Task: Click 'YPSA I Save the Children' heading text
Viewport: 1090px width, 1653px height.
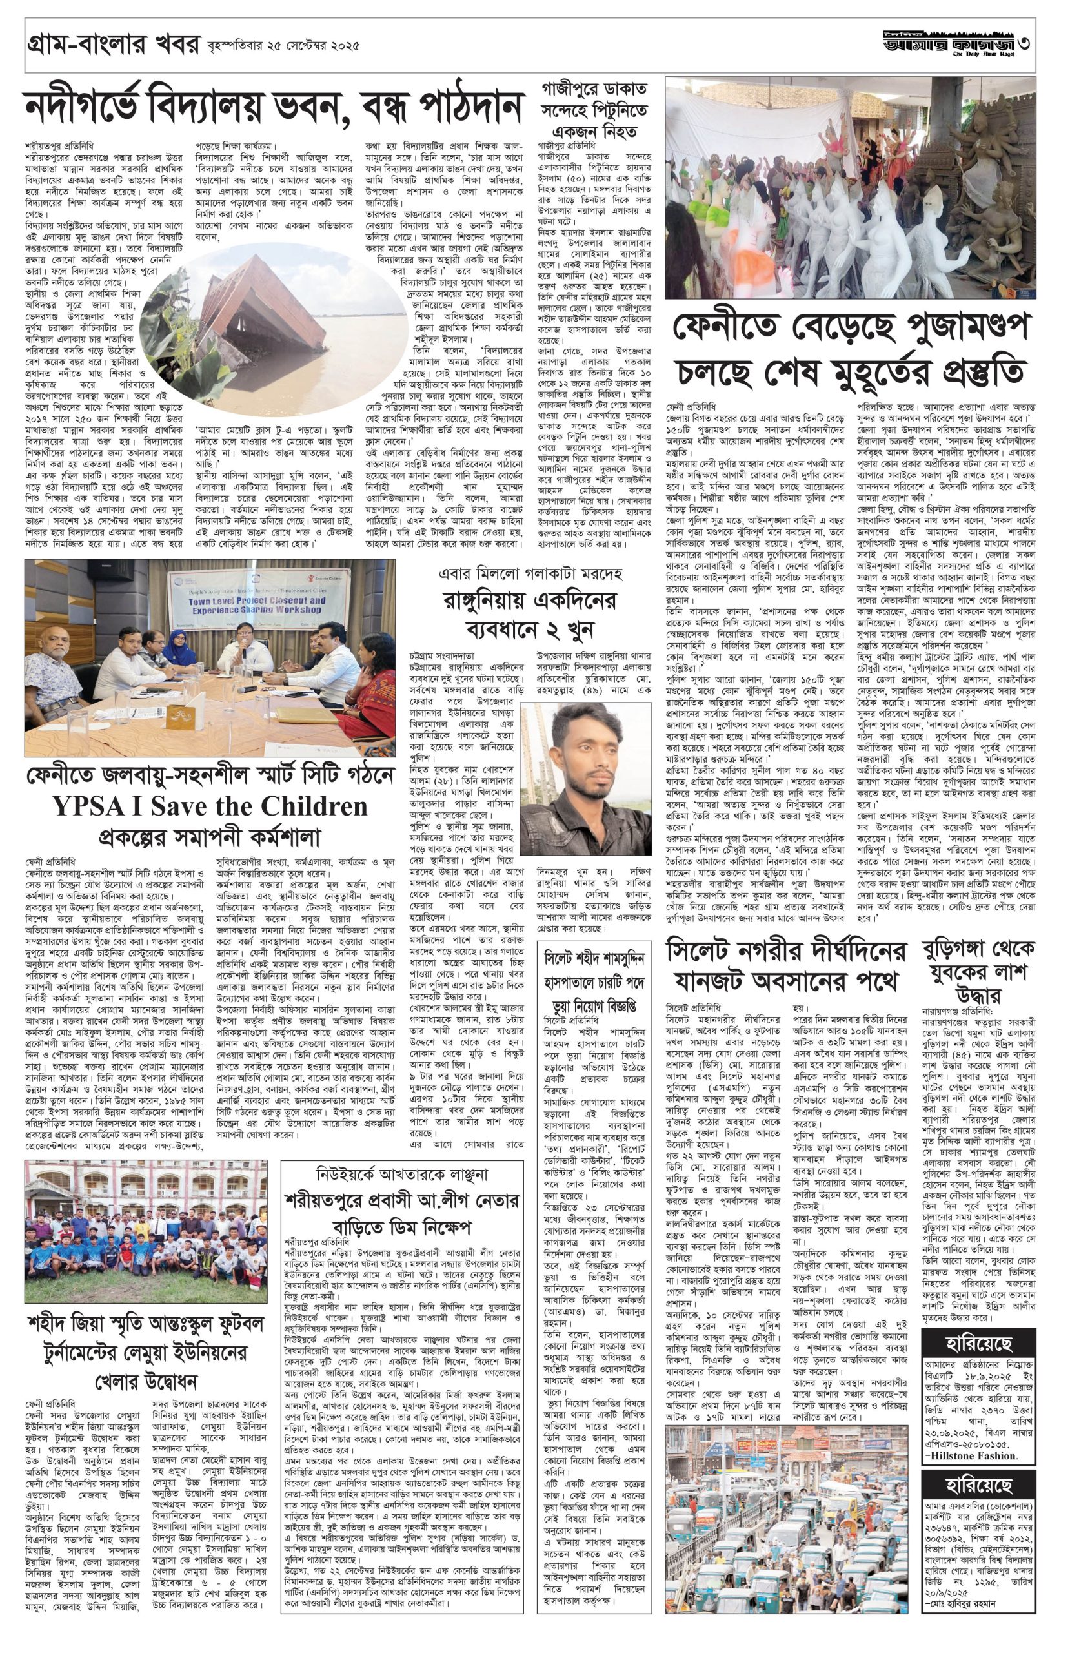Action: coord(209,805)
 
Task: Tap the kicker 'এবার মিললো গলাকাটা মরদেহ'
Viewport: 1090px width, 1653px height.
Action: coord(532,575)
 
